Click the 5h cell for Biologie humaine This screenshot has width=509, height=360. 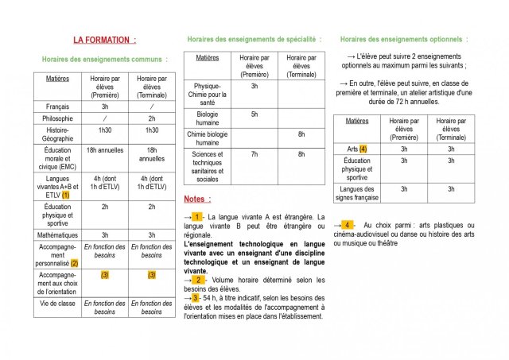click(254, 114)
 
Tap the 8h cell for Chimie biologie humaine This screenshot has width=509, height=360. click(301, 134)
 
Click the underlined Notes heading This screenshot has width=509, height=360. click(197, 199)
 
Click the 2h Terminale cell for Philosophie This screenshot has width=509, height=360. click(152, 118)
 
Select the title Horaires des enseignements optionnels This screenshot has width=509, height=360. click(403, 39)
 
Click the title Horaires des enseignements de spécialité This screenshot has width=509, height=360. click(254, 39)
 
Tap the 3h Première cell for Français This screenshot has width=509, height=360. click(104, 106)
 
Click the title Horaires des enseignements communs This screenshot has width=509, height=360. click(104, 59)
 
